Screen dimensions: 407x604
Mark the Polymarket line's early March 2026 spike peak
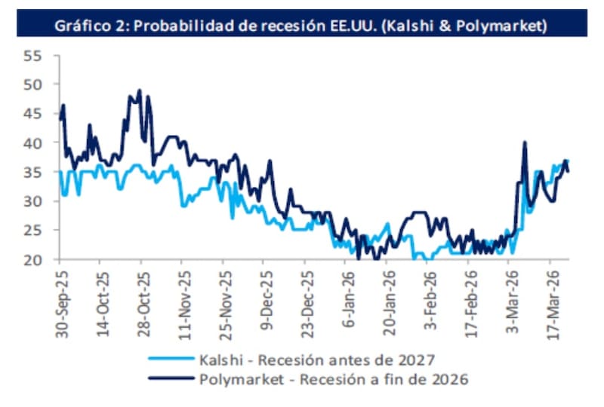(524, 142)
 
